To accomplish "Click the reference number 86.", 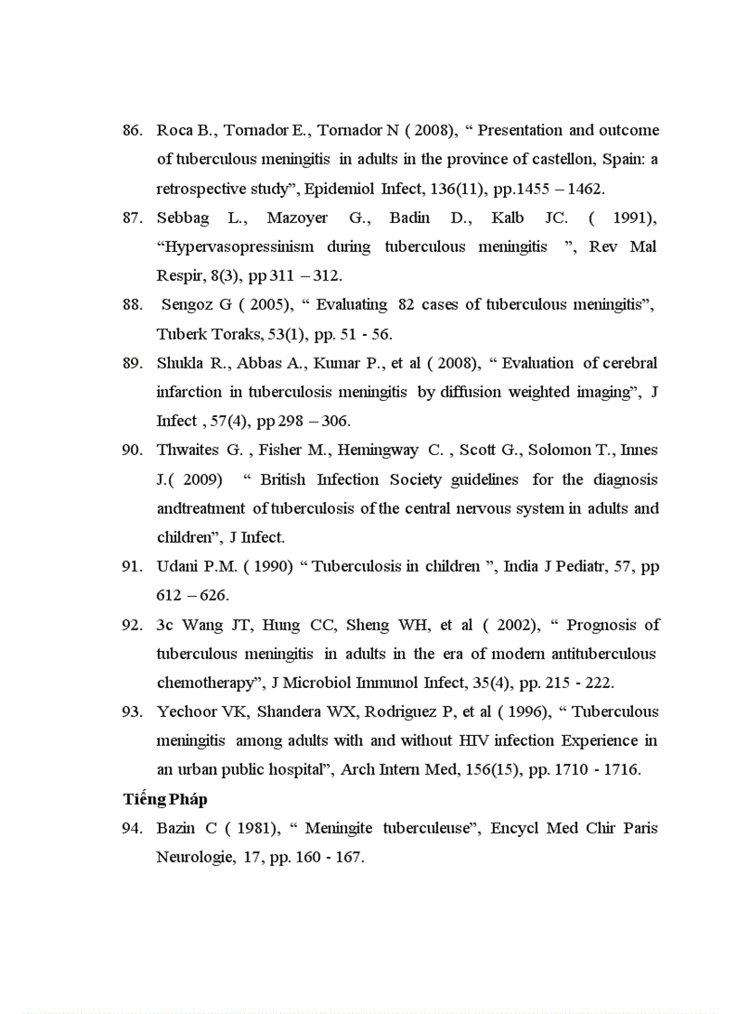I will coord(132,130).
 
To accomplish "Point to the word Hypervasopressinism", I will coord(236,247).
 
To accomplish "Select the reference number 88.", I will coord(132,305).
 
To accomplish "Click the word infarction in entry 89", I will coord(188,392).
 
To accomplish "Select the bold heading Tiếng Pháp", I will coord(165,800).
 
